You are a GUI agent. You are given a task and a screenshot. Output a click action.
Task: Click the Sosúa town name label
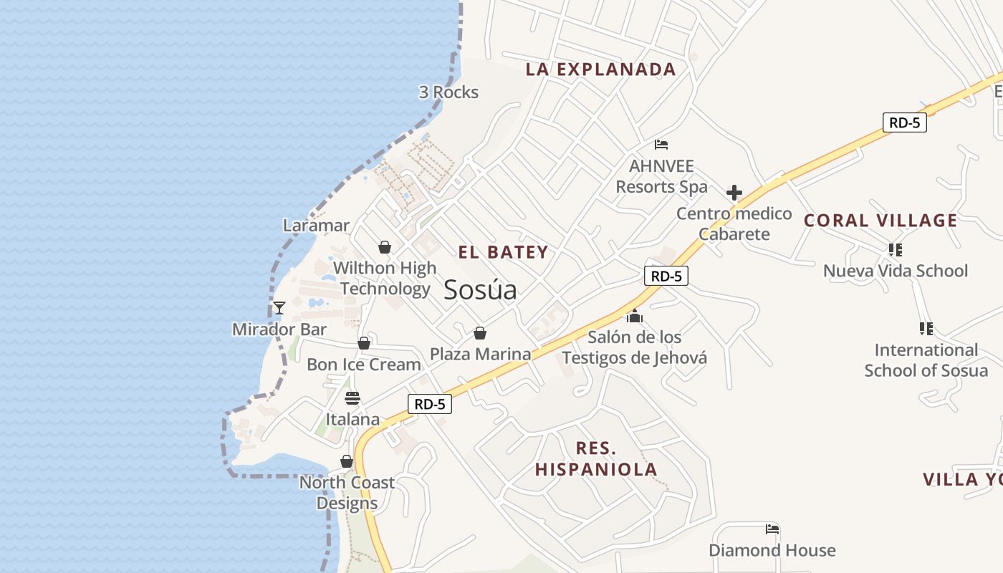point(480,290)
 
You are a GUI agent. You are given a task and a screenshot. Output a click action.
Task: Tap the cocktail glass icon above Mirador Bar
point(279,308)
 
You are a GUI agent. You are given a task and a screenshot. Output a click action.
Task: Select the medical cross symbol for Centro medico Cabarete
point(734,193)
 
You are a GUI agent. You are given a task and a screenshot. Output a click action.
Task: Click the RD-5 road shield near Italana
point(430,404)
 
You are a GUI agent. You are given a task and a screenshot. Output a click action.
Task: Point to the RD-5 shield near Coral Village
point(904,122)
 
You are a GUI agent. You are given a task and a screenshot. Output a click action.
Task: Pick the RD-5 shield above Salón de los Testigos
point(666,276)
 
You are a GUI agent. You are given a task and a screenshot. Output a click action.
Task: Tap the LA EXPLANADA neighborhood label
point(600,69)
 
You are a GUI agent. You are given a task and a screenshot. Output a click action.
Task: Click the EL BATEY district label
point(503,252)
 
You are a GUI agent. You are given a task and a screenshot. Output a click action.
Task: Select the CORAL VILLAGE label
point(880,221)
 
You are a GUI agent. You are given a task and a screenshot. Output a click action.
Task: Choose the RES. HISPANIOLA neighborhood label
point(596,459)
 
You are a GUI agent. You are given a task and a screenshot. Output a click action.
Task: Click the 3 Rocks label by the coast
point(448,92)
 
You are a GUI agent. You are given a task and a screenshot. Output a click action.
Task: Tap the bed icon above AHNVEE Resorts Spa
point(661,145)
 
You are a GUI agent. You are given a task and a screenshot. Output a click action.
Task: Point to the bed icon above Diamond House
point(772,529)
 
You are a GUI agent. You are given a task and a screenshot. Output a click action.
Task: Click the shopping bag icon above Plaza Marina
point(480,333)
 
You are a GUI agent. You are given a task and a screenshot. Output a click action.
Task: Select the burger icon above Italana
point(352,398)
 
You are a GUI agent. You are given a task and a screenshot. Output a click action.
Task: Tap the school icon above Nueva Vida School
point(895,250)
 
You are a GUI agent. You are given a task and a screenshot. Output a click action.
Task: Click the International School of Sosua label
point(926,360)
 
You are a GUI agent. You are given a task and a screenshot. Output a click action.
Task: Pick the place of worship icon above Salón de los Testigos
point(634,316)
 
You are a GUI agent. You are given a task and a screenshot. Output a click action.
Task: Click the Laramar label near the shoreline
point(316,226)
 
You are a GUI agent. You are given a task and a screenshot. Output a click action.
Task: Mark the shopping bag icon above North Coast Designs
point(347,461)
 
